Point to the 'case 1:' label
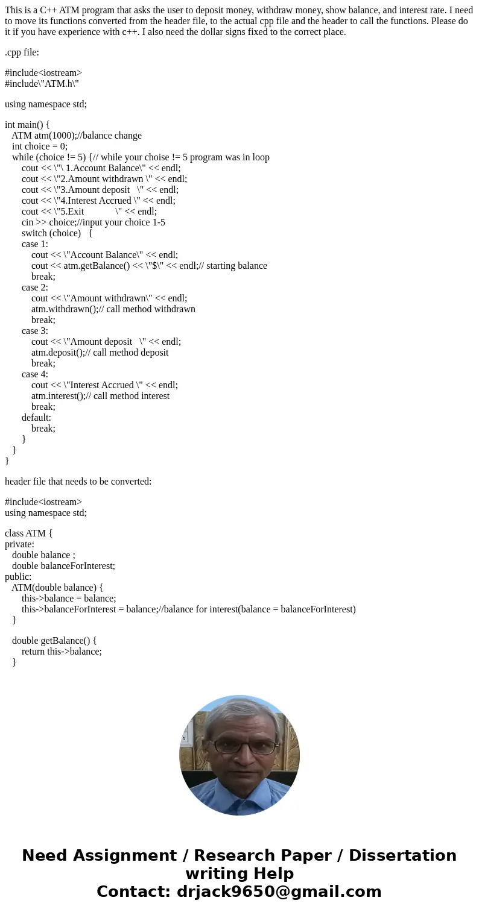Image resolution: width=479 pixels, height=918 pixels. pyautogui.click(x=35, y=244)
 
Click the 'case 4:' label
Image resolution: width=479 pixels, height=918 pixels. pyautogui.click(x=35, y=374)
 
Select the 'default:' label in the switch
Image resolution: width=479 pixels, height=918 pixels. pyautogui.click(x=36, y=418)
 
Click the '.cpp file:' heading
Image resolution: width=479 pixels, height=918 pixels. pyautogui.click(x=22, y=52)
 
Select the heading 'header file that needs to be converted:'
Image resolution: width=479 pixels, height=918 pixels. pyautogui.click(x=78, y=482)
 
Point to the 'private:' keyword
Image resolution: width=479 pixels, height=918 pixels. pyautogui.click(x=19, y=544)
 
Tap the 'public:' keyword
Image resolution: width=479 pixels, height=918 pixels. pyautogui.click(x=18, y=577)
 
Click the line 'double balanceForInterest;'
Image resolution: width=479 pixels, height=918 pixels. pyautogui.click(x=63, y=566)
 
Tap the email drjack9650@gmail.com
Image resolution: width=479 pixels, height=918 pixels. pyautogui.click(x=279, y=891)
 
